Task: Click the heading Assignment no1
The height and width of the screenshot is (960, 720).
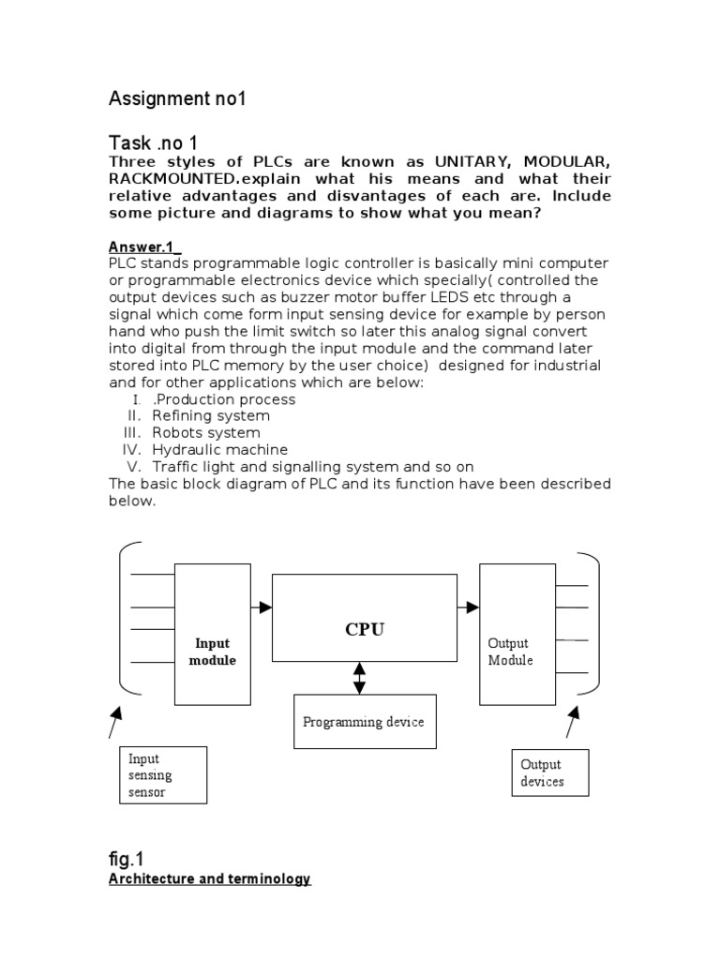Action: [177, 98]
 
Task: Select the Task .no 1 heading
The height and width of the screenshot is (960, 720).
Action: [154, 142]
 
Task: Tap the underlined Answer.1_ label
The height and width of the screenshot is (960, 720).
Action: [142, 247]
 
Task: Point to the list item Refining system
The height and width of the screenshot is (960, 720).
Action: [211, 415]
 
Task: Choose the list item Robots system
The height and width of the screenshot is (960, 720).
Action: [206, 432]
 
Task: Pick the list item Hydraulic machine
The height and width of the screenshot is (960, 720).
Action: [219, 449]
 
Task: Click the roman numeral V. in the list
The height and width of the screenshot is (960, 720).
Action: [134, 466]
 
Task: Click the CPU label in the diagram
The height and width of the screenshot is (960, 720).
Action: [365, 629]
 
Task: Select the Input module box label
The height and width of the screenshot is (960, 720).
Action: [213, 652]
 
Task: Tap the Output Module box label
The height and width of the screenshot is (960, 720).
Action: [511, 652]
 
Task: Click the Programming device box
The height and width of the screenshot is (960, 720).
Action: [364, 721]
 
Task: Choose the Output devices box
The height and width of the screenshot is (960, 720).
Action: [549, 772]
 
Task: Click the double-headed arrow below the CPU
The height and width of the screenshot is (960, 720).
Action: [359, 678]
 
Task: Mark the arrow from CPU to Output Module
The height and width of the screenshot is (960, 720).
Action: [469, 607]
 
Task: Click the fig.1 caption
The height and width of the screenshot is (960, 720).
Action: [126, 858]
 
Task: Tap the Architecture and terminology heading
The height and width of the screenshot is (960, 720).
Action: [210, 879]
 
